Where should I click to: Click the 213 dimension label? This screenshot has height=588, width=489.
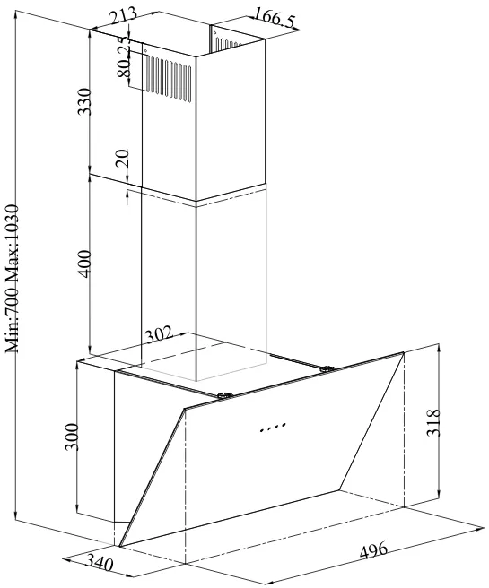(123, 15)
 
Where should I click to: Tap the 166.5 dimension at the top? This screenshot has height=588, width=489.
(275, 17)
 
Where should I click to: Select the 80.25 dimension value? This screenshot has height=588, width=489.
(125, 56)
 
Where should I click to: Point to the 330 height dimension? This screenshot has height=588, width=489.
(83, 101)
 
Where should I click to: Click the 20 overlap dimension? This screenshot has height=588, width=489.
(122, 158)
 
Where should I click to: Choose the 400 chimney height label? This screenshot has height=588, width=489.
(83, 264)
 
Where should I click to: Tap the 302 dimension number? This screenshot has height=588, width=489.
(159, 334)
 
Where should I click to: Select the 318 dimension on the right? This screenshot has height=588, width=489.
(432, 422)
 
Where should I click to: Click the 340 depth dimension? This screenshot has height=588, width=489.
(100, 561)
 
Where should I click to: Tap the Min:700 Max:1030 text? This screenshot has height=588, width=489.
(12, 279)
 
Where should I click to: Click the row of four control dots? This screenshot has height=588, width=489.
(274, 428)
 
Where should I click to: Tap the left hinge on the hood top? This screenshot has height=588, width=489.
(224, 395)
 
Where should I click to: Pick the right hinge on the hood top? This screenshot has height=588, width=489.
(327, 369)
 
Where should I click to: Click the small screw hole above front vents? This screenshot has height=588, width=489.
(145, 50)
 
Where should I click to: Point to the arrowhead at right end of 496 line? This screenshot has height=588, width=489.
(480, 529)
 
